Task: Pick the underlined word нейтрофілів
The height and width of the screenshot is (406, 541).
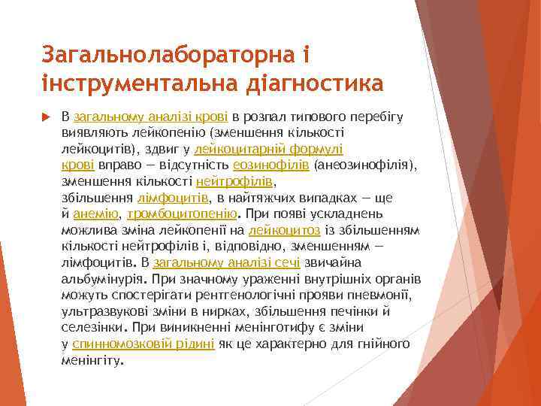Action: coord(236,181)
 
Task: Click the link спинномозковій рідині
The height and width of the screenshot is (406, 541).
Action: coord(143,344)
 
